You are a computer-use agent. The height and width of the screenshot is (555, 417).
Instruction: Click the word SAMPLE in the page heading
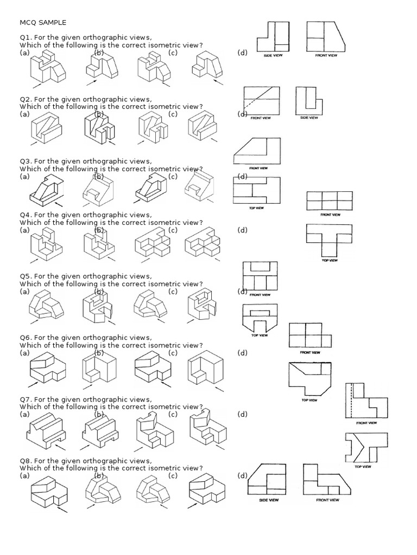coord(53,22)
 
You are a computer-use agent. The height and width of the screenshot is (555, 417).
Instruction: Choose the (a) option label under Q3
coord(24,176)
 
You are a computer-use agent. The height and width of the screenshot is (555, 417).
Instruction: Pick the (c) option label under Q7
coord(173,414)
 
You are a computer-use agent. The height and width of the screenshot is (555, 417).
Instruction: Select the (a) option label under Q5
coord(24,292)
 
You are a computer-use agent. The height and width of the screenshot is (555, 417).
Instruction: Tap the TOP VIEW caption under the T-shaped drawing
coord(330,261)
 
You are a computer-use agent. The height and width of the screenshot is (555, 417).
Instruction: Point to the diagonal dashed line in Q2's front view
coord(252,104)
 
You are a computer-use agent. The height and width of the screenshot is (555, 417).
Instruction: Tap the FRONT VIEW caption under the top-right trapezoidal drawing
coord(326,55)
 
